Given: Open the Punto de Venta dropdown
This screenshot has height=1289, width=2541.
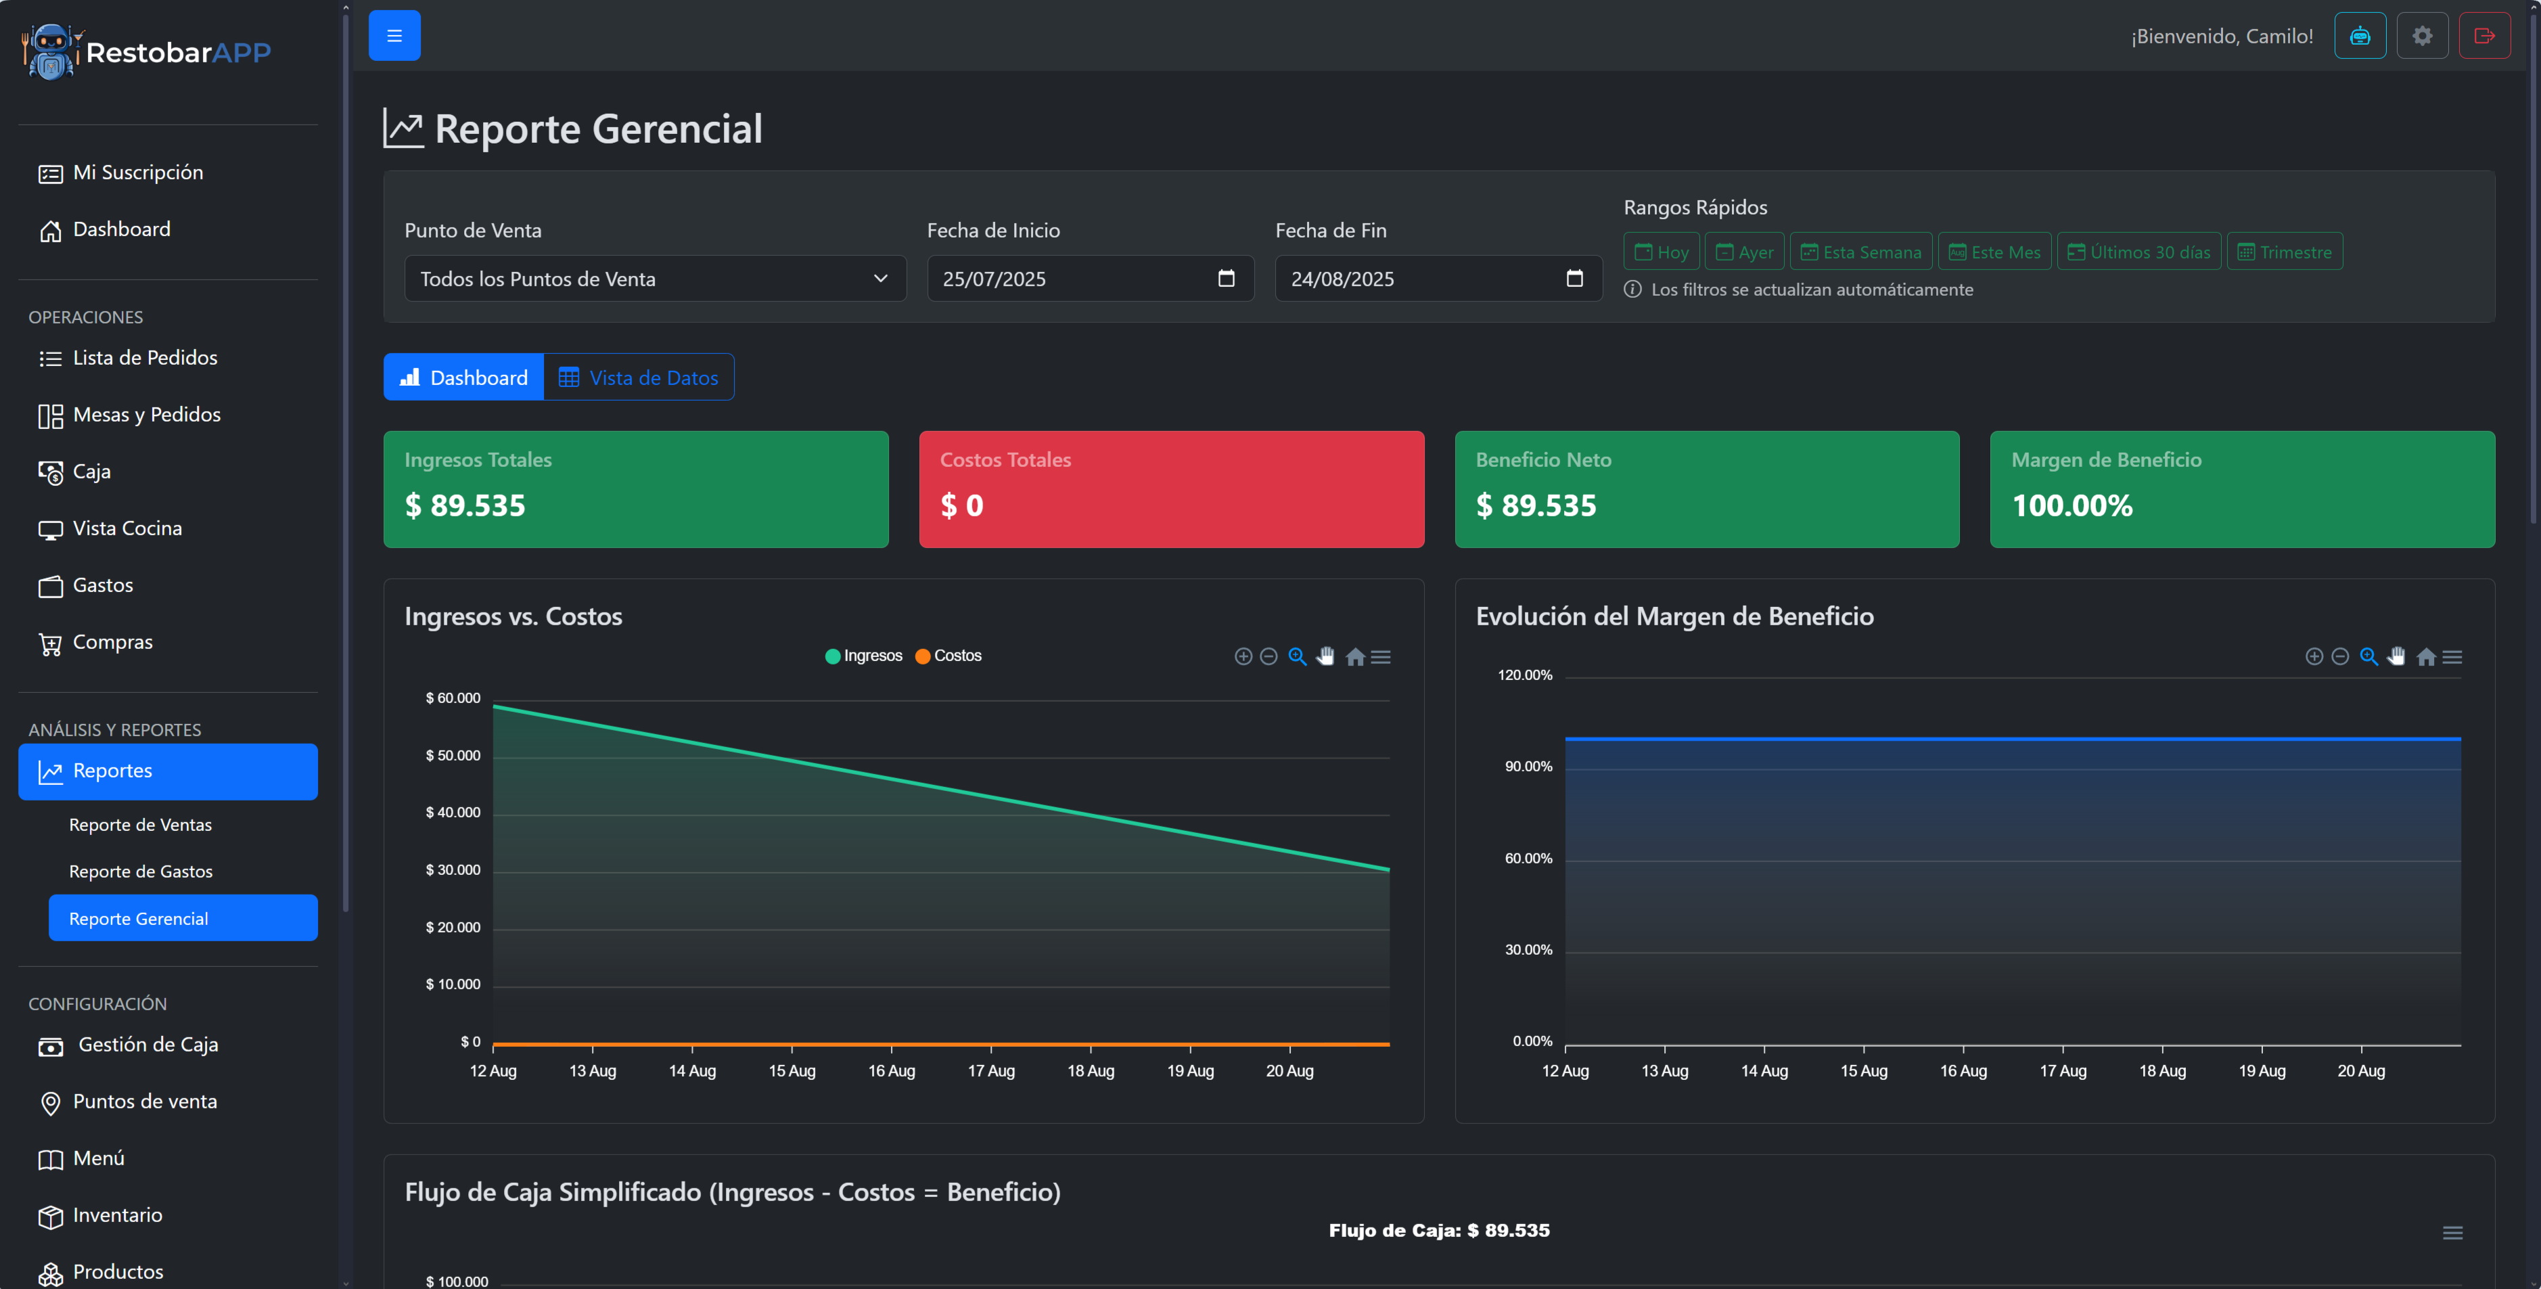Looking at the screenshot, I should click(654, 279).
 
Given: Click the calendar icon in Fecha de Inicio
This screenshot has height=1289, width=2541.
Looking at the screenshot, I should click(1226, 279).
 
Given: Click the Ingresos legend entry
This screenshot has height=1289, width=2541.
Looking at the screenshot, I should click(863, 656).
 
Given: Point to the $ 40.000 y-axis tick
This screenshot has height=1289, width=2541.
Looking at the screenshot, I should click(453, 813).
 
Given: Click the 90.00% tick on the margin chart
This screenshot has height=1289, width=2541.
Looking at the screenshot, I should click(1528, 767).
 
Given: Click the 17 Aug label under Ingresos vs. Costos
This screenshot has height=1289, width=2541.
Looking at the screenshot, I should click(990, 1071).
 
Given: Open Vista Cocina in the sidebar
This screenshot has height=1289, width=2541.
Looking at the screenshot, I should click(127, 528).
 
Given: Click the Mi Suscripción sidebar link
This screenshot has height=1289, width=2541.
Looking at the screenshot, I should click(137, 173).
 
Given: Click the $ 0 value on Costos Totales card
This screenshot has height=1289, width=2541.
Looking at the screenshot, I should click(962, 506).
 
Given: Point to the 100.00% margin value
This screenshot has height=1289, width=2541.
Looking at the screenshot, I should click(2071, 506).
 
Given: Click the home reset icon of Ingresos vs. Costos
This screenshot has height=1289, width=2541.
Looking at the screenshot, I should click(1355, 657).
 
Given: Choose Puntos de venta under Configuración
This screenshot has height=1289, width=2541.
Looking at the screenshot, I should click(144, 1102).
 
